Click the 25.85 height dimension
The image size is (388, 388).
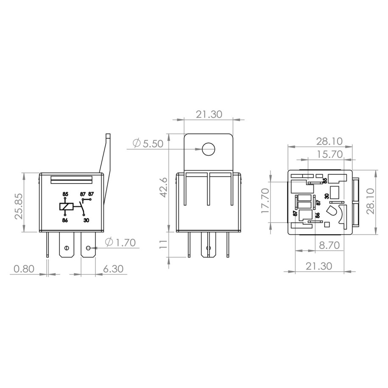[19, 206]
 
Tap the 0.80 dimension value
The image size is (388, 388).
[24, 269]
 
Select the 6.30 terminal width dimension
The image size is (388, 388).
[113, 269]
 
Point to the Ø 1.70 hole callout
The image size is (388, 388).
[120, 242]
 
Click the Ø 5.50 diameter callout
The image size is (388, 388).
[148, 143]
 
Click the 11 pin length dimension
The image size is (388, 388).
[164, 244]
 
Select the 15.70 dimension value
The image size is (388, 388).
[330, 154]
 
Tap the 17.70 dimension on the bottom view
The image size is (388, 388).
[265, 201]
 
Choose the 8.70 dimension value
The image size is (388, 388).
[329, 245]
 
